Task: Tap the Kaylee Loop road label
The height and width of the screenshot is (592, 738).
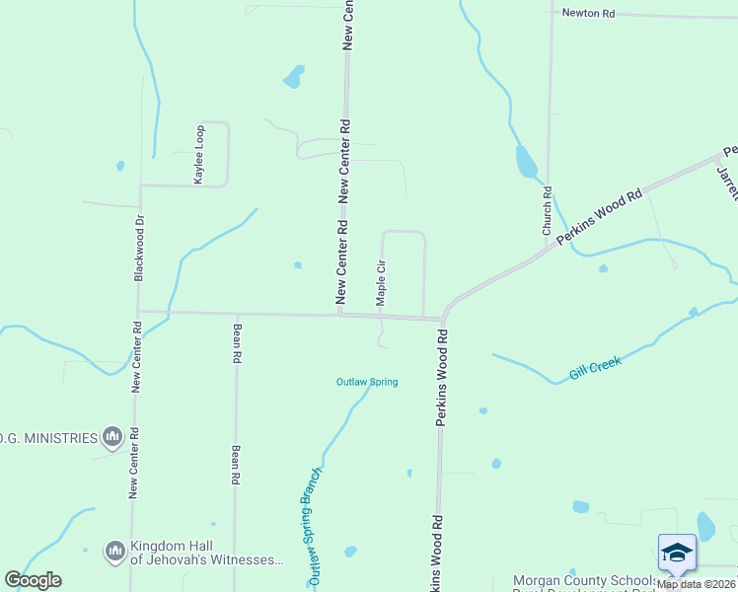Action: pos(199,154)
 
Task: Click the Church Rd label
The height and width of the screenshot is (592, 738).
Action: pos(547,210)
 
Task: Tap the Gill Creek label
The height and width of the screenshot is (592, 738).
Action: pos(595,369)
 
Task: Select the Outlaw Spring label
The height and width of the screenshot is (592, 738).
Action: pos(367,382)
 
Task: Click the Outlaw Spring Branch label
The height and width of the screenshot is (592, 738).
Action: pos(310,523)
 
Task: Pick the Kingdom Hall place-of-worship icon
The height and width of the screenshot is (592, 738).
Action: pos(115,549)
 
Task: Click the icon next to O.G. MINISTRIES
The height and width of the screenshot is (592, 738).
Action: pos(111,436)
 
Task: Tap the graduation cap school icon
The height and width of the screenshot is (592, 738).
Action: pos(677,553)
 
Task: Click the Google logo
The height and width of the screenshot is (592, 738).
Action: pos(33,580)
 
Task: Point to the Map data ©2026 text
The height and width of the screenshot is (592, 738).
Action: pos(697,584)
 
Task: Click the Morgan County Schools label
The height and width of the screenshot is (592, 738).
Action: pos(583,580)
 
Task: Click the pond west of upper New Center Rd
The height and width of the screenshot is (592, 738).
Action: pos(293,75)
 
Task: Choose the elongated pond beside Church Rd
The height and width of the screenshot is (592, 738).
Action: pos(526,161)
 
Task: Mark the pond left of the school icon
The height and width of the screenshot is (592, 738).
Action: pos(581,507)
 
